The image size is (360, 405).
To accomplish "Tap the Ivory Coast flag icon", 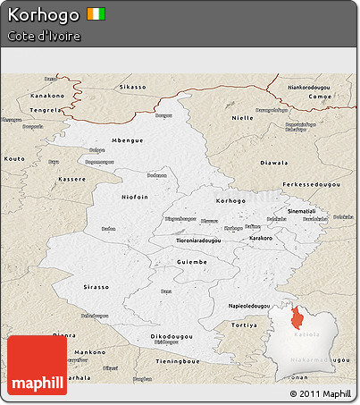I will (96, 14).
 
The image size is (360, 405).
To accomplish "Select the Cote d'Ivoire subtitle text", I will (44, 37).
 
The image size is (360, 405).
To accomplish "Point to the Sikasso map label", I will (132, 88).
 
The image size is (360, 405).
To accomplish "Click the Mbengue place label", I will (126, 141).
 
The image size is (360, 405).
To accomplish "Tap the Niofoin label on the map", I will (135, 196).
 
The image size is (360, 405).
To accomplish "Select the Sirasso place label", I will (96, 287).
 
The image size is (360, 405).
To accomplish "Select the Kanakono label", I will (48, 94).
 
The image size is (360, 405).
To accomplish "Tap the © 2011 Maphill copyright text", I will (320, 392).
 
